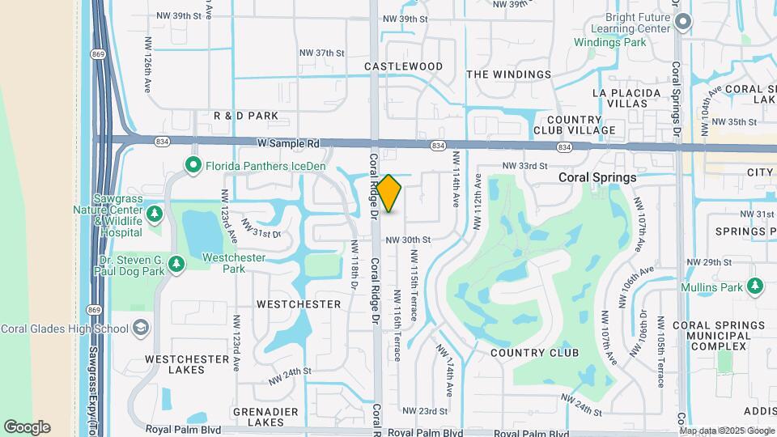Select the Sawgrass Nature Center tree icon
pos(155,214)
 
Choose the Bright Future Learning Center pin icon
pos(682,22)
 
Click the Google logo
pos(27,427)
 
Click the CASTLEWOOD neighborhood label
pos(403,66)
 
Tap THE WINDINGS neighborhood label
pos(509,74)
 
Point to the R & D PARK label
pos(246,116)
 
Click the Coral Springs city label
pos(597,177)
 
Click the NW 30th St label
pos(407,240)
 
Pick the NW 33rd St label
pos(524,166)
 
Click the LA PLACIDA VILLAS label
pos(632,98)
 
